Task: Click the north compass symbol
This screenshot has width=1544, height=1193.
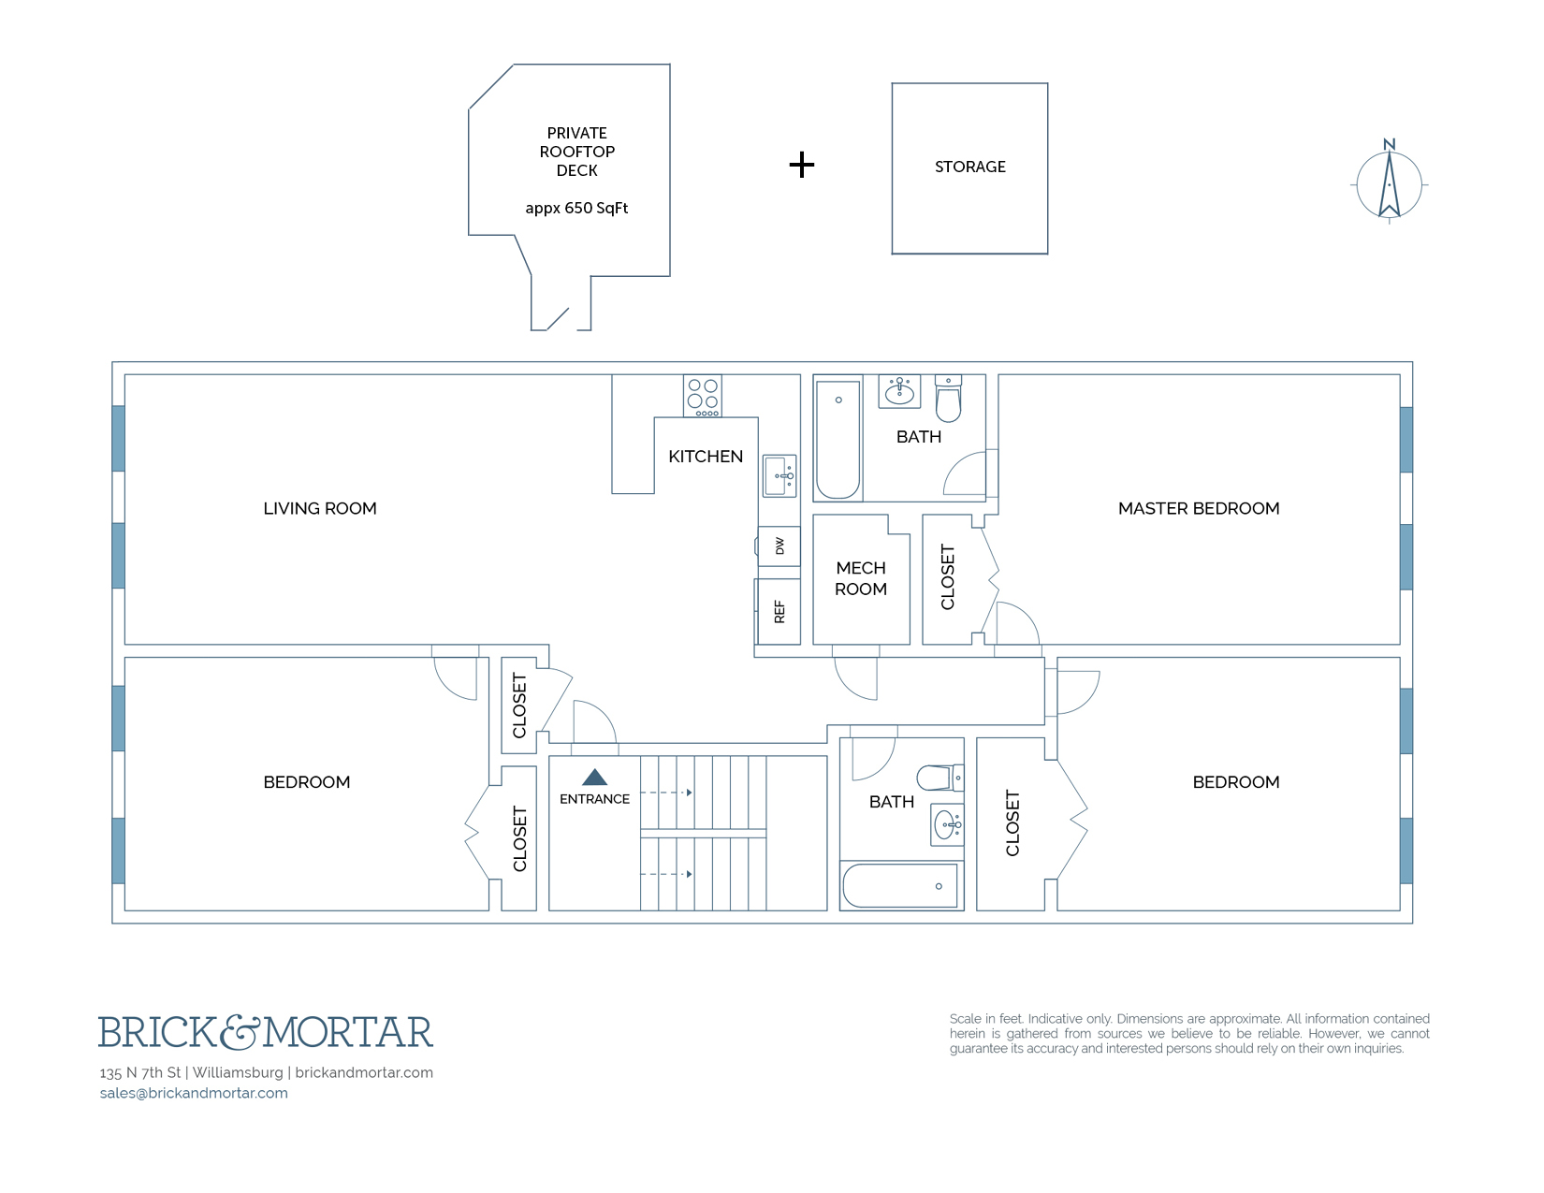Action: [x=1389, y=183]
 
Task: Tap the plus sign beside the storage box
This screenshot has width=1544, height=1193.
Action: [x=801, y=166]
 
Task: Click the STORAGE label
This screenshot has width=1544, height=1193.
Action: [x=969, y=167]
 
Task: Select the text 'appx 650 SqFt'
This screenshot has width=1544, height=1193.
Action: [x=576, y=208]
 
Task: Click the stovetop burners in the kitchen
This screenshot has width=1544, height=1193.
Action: [x=703, y=395]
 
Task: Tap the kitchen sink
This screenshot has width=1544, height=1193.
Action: [x=779, y=475]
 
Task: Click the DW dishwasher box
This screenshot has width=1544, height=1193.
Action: [x=779, y=546]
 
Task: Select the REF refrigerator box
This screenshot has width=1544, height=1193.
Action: [x=779, y=612]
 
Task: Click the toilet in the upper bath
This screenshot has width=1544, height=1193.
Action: [x=948, y=400]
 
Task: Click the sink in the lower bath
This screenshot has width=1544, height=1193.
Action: [x=947, y=824]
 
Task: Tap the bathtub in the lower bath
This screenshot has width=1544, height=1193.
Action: [x=900, y=885]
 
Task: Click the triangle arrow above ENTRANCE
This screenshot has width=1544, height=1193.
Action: [x=594, y=777]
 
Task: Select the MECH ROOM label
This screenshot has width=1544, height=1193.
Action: [x=861, y=578]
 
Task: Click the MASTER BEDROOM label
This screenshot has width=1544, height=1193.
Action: [x=1198, y=508]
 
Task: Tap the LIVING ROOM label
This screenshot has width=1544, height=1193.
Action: [x=320, y=508]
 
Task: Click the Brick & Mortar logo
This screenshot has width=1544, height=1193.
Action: [x=266, y=1032]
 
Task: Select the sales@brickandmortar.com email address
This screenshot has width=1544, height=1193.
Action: [x=194, y=1093]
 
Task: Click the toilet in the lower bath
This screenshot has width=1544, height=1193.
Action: [x=938, y=778]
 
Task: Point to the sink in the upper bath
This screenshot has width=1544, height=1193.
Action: [x=899, y=391]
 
